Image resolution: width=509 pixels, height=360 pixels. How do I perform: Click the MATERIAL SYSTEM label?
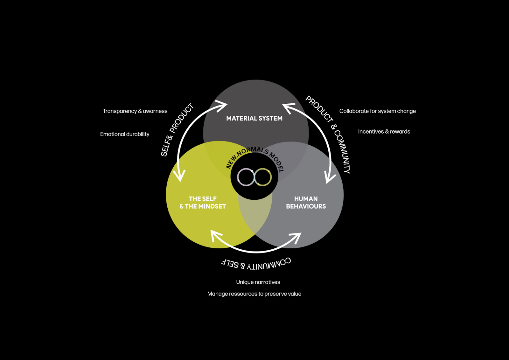click(254, 118)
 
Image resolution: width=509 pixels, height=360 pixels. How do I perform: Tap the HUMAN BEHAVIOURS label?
click(306, 203)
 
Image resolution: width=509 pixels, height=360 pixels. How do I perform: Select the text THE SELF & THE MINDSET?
click(203, 203)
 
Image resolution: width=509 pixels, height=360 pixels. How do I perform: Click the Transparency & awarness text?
click(135, 111)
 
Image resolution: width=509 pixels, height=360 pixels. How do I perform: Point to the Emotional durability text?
click(124, 134)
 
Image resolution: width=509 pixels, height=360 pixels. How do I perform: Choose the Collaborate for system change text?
click(377, 111)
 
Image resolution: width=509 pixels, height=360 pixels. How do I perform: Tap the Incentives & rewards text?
click(384, 132)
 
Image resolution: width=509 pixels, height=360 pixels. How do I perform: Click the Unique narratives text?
click(258, 282)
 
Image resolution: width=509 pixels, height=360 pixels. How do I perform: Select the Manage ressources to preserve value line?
click(254, 294)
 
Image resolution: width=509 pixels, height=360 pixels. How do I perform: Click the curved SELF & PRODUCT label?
click(177, 130)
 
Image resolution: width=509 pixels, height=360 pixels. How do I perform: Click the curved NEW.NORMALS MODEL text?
click(255, 156)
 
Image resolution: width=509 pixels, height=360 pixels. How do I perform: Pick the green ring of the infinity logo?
click(263, 177)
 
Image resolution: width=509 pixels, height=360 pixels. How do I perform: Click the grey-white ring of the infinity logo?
click(246, 177)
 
